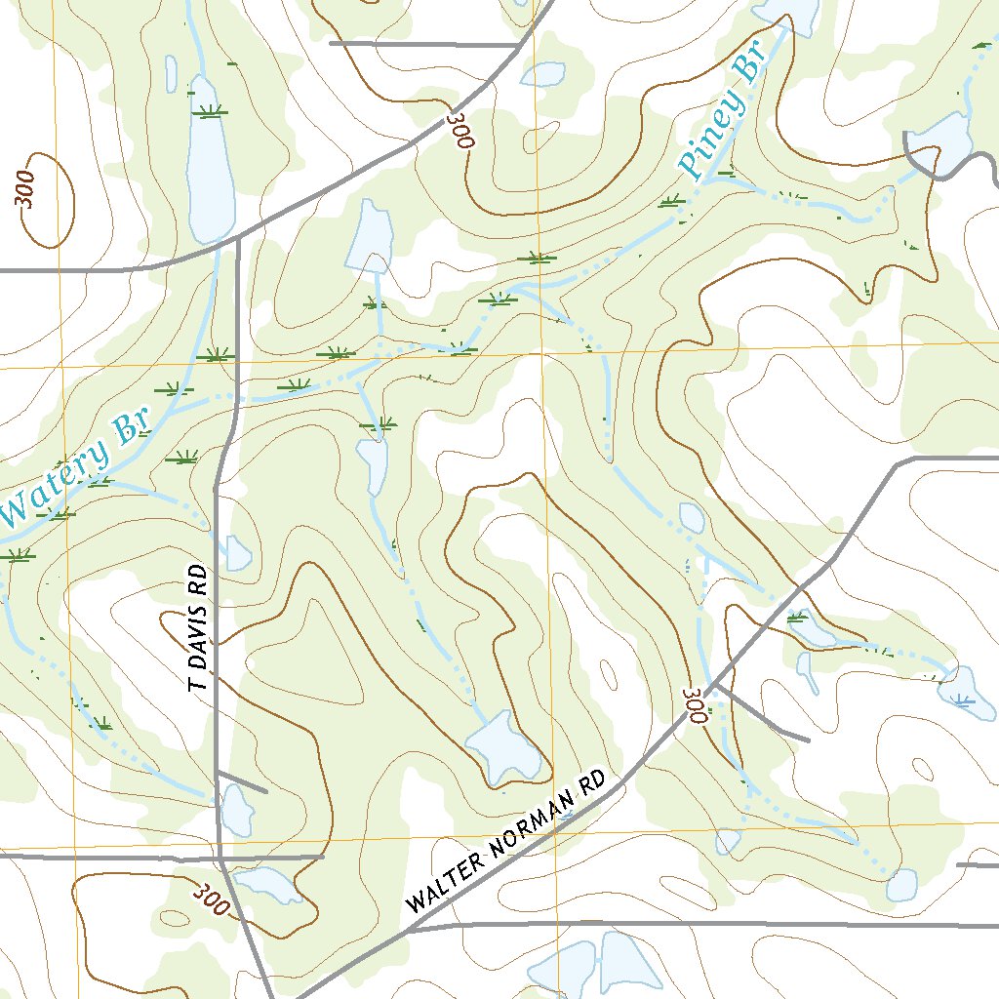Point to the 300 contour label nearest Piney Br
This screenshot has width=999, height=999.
(460, 131)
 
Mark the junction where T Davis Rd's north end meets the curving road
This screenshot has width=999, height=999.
(237, 237)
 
